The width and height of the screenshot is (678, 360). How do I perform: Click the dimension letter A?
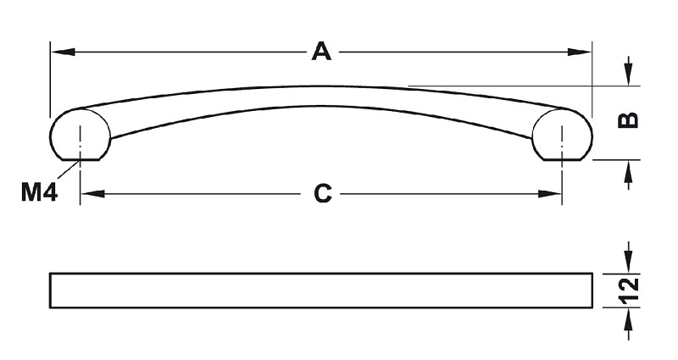click(321, 52)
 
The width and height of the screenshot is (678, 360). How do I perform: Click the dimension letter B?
click(628, 120)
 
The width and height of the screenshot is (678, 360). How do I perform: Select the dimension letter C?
click(323, 194)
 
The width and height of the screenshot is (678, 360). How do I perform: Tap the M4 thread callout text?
click(39, 192)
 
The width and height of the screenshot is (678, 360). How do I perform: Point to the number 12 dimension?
click(629, 291)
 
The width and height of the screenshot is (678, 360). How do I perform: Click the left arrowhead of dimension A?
click(63, 52)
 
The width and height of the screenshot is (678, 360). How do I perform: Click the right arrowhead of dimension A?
click(580, 52)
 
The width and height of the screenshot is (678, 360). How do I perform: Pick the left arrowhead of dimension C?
click(92, 194)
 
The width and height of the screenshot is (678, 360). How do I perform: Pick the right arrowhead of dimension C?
click(549, 194)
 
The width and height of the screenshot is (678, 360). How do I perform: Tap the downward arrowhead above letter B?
click(628, 74)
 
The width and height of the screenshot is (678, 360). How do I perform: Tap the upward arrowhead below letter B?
click(628, 172)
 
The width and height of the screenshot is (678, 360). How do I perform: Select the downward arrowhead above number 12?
click(629, 262)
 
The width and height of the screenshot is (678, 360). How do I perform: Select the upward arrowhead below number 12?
click(629, 320)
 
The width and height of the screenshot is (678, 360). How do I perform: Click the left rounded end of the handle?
click(51, 135)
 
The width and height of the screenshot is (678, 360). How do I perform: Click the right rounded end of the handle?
click(592, 135)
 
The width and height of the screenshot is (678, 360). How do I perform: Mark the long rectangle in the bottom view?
click(321, 273)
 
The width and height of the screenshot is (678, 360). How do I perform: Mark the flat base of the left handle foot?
click(80, 160)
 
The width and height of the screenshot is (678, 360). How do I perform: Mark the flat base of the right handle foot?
click(562, 160)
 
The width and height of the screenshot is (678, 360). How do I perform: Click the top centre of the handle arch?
click(321, 86)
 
